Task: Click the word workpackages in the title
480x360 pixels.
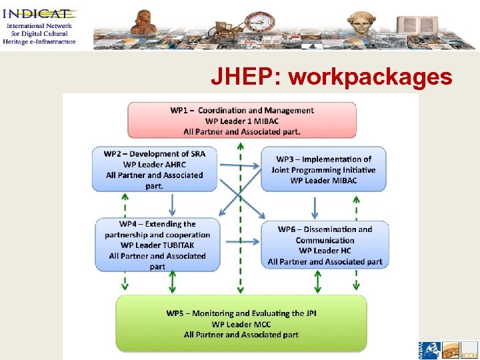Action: point(370,78)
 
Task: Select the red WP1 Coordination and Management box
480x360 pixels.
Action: point(241,121)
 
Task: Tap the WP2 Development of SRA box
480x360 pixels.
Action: point(155,169)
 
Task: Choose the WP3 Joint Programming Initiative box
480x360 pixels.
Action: point(323,169)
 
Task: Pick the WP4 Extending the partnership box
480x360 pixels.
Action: point(157,245)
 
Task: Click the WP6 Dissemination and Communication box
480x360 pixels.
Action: point(325,245)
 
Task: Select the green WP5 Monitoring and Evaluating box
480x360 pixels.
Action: point(241,323)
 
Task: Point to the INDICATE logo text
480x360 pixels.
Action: point(39,13)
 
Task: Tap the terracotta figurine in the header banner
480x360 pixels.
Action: point(144,22)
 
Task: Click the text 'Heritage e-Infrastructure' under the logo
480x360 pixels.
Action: point(39,41)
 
